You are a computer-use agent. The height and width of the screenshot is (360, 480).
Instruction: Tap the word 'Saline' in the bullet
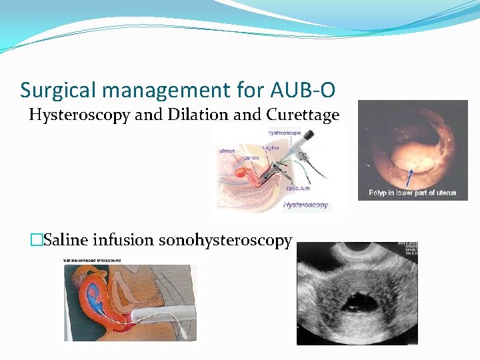67,240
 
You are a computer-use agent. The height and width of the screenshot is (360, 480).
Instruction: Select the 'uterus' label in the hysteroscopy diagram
227,150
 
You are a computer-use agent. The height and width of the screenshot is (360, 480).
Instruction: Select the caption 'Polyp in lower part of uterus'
413,193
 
